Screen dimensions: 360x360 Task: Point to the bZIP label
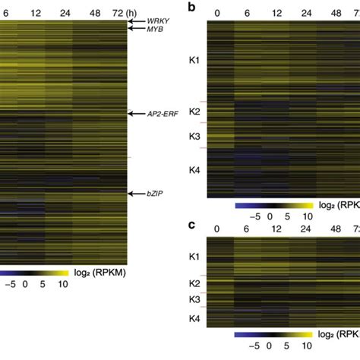click(x=157, y=194)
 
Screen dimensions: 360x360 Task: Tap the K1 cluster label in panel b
click(x=194, y=58)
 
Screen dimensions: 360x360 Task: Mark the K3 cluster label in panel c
click(x=194, y=300)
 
